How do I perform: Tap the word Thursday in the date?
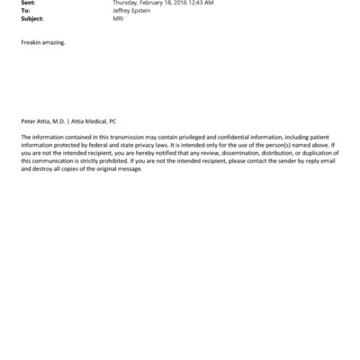coord(125,3)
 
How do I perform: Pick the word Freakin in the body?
coord(31,42)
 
